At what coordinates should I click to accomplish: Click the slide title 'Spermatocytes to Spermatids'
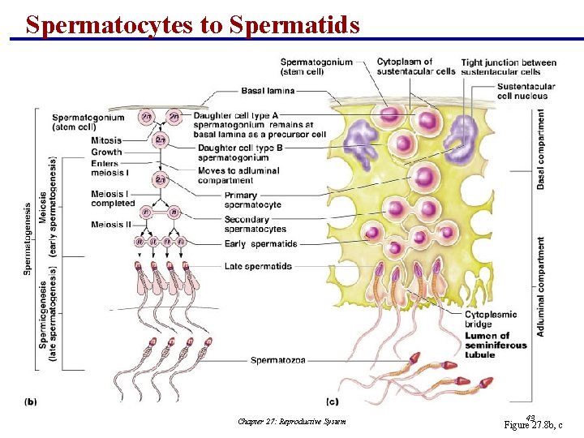[x=192, y=24]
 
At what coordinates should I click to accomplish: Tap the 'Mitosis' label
[x=106, y=140]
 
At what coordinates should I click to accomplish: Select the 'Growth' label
[x=106, y=152]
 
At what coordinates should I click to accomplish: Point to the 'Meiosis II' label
[x=111, y=225]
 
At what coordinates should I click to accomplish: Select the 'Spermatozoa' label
[x=278, y=360]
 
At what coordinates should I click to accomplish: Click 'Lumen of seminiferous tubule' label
[x=496, y=345]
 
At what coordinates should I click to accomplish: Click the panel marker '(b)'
[x=31, y=401]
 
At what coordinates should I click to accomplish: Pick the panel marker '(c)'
[x=333, y=401]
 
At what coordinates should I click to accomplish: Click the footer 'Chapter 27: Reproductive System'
[x=292, y=421]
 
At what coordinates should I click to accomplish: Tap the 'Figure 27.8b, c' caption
[x=533, y=424]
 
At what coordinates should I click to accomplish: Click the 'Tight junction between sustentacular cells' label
[x=509, y=67]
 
